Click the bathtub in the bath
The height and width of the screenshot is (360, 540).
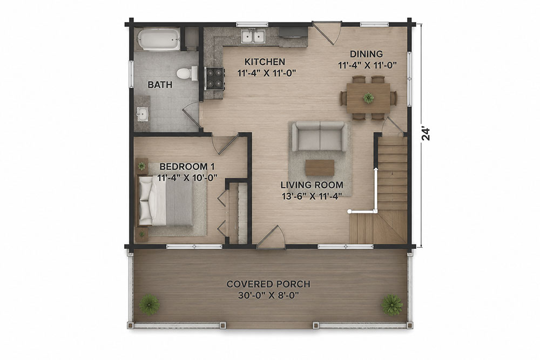[x=158, y=39]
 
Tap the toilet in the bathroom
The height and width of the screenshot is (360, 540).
[x=187, y=73]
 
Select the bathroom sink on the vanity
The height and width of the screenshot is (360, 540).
[x=142, y=113]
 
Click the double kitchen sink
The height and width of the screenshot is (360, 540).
[x=253, y=36]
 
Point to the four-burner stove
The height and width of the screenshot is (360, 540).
[x=214, y=78]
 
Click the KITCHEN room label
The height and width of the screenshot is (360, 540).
[x=265, y=62]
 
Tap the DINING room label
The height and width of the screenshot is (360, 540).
[x=367, y=54]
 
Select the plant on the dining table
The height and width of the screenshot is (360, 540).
[x=368, y=98]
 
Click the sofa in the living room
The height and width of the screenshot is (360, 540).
[x=320, y=137]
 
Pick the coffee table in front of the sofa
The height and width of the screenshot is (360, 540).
[x=320, y=168]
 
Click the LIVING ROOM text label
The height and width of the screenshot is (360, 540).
[x=312, y=185]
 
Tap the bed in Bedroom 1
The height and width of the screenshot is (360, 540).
[x=165, y=201]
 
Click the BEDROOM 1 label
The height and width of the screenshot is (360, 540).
[x=187, y=167]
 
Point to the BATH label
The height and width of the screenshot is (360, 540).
[x=160, y=85]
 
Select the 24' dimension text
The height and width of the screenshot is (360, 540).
[x=426, y=134]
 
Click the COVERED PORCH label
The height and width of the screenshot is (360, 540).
[x=268, y=284]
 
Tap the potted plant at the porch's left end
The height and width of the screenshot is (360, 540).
[x=150, y=304]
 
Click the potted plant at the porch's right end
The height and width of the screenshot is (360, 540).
[x=392, y=304]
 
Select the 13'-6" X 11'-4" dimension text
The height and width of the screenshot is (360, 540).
[x=312, y=196]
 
